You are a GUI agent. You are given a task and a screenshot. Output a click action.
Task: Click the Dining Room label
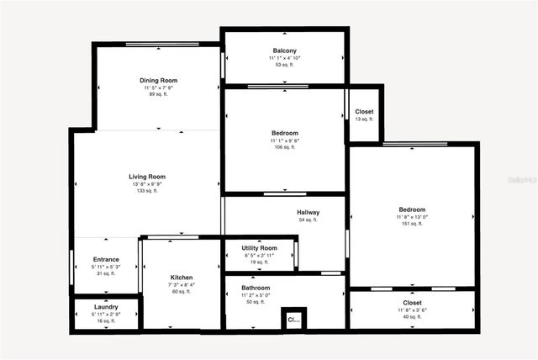[x=158, y=81]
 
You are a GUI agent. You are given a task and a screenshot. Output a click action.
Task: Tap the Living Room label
[x=147, y=177]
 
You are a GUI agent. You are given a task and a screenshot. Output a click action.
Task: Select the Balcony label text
[x=284, y=50]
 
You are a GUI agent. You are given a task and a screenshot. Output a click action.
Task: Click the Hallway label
[x=308, y=213]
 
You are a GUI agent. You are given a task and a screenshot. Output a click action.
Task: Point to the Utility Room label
[x=259, y=248]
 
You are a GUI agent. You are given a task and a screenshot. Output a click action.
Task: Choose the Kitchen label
[x=182, y=278]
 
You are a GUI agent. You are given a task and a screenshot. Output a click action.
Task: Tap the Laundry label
[x=106, y=307]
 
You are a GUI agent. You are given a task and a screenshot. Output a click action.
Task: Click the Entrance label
[x=106, y=260]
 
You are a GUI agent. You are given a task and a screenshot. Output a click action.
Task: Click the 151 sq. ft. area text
[x=412, y=224]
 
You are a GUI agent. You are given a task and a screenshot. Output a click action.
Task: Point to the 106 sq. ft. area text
[x=284, y=147]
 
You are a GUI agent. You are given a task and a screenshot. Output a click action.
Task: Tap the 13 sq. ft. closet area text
[x=364, y=119]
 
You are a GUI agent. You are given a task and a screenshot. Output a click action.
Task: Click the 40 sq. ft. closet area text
[x=412, y=317]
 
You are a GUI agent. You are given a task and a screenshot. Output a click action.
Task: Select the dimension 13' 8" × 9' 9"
[x=147, y=184]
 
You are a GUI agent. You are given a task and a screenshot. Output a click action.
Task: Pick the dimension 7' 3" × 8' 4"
[x=182, y=285]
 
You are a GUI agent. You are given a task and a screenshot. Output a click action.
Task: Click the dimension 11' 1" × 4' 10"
[x=284, y=58]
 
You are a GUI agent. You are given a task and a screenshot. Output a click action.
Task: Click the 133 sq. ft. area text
[x=147, y=191]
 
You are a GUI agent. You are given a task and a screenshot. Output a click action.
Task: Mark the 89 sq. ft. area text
[x=158, y=95]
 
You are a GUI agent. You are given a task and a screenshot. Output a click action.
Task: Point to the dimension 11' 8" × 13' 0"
[x=412, y=217]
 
